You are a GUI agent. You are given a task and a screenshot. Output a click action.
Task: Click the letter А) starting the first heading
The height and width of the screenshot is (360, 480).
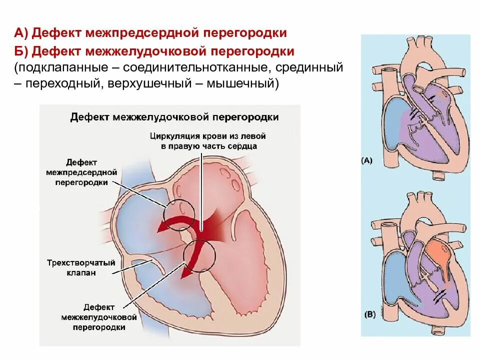[22, 33]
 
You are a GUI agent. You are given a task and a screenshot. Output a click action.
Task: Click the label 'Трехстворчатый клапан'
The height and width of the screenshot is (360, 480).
[81, 267]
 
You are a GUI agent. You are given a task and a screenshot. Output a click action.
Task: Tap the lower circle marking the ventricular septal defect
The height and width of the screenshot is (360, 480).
[199, 256]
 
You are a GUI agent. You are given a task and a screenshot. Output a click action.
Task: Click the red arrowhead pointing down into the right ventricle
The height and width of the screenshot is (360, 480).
[186, 272]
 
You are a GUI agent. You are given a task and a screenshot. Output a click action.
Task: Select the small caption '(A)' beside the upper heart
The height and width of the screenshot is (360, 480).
[366, 161]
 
